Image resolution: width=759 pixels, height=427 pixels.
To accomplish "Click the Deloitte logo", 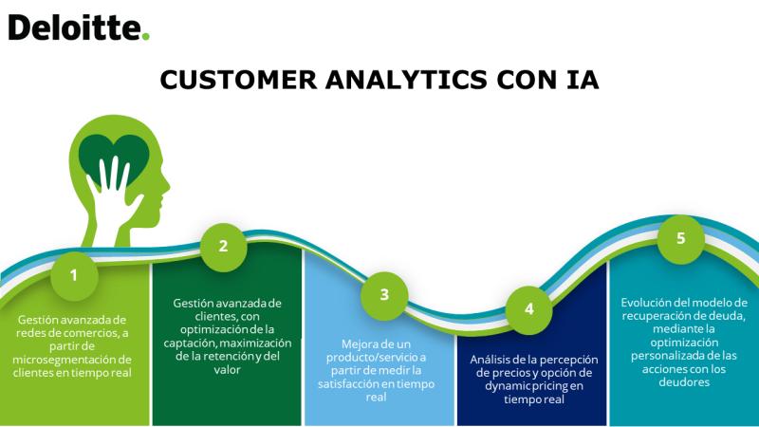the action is [x=79, y=28].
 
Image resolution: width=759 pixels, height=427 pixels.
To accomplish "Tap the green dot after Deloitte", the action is [x=146, y=36].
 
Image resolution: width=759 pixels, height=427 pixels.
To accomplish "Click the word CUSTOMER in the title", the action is [x=238, y=80].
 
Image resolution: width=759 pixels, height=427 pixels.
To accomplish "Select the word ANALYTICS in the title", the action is [x=407, y=80].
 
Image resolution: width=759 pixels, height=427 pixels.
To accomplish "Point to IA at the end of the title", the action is [x=583, y=80].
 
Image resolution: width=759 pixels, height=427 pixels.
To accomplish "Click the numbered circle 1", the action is [x=74, y=275].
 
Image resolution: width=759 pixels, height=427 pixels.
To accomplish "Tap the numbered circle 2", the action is [x=223, y=246].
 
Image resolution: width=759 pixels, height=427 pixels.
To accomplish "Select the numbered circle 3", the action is [x=384, y=294].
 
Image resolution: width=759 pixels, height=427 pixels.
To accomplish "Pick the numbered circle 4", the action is [x=529, y=309].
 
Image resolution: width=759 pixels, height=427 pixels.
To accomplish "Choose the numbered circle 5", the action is [x=680, y=238].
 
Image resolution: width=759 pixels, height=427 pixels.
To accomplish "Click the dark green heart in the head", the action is [x=114, y=155].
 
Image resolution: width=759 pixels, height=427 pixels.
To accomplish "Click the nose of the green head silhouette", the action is [x=167, y=184].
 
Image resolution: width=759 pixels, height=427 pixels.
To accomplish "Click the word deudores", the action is [x=684, y=382].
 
